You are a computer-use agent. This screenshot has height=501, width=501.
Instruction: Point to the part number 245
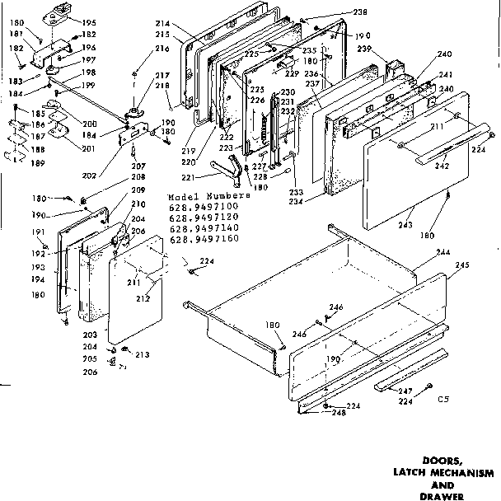461,265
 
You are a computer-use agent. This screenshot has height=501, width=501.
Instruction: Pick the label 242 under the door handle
442,166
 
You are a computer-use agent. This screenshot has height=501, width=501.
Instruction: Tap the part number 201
67,148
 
